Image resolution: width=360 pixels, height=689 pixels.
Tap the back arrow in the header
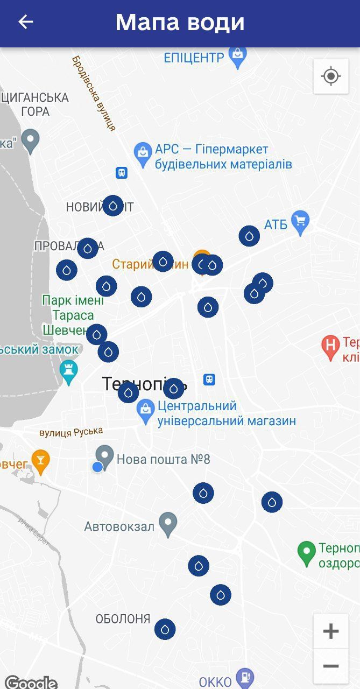click(25, 22)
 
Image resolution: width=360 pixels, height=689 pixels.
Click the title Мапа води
click(180, 23)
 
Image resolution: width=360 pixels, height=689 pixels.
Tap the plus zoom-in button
click(330, 631)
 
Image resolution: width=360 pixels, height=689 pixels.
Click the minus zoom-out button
click(330, 666)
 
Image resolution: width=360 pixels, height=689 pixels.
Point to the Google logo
click(31, 681)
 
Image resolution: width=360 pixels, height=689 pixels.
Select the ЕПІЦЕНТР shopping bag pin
click(237, 56)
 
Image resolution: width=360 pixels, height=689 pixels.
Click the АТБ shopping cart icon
click(300, 222)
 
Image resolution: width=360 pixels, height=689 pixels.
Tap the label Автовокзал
click(119, 526)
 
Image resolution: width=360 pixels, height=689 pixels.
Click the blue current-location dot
click(97, 467)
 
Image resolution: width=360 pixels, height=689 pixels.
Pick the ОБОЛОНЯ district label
click(123, 619)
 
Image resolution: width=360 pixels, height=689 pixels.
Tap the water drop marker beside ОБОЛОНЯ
click(165, 629)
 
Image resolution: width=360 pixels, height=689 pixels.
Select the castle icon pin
click(69, 371)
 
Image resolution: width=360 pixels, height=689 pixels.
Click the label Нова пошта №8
click(163, 460)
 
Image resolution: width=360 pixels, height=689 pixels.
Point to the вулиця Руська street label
click(70, 432)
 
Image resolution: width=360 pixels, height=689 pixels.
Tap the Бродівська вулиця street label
click(94, 93)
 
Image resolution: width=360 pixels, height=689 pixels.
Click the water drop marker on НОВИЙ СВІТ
click(113, 206)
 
